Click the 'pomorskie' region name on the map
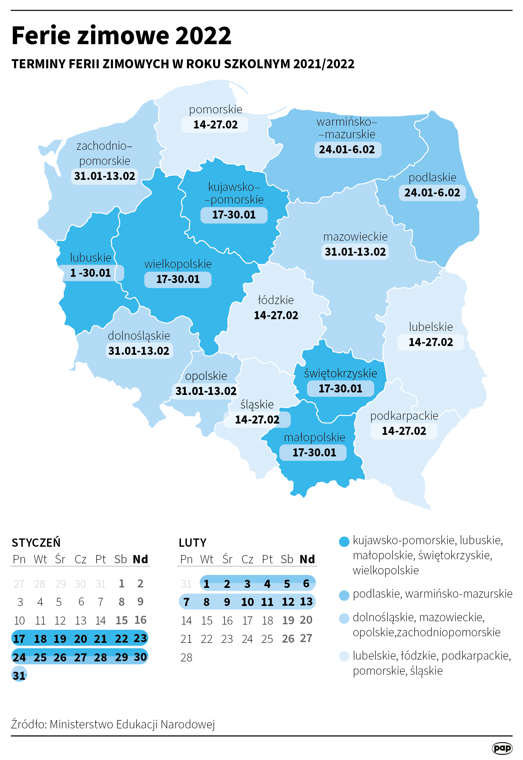click(215, 109)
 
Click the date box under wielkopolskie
click(178, 279)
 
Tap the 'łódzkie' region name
click(276, 300)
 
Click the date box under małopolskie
click(314, 452)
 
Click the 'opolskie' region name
click(206, 376)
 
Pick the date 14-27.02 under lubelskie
click(431, 342)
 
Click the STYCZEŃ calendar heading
click(36, 543)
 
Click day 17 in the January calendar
click(19, 639)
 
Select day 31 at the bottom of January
click(19, 675)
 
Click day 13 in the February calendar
click(306, 601)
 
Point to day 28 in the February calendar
click(186, 657)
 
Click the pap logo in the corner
click(502, 748)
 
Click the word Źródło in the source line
click(29, 724)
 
